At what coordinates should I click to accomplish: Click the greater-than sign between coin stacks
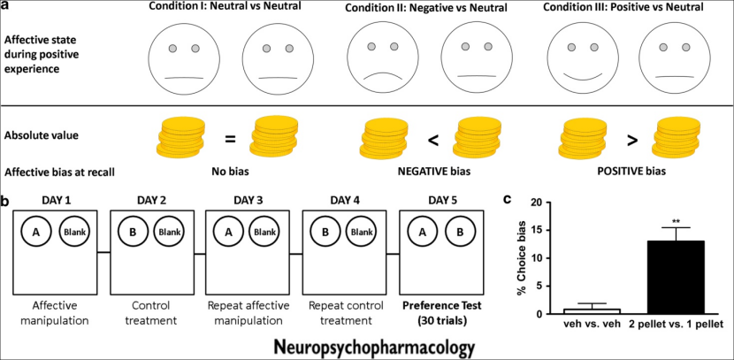coord(631,139)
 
